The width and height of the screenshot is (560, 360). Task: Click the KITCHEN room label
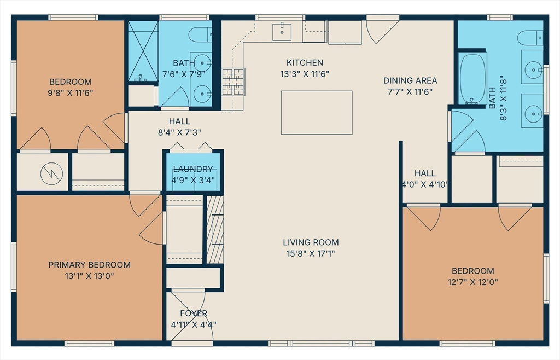point(305,62)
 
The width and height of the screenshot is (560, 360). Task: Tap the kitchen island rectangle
point(317,113)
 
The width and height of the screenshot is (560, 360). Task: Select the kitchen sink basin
point(282,32)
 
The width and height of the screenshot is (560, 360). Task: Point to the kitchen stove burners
point(234,82)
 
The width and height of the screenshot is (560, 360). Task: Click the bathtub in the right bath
point(472,79)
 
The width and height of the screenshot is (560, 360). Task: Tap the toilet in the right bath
point(530,38)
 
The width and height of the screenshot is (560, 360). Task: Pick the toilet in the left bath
point(200,34)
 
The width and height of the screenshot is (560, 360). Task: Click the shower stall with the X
point(143,51)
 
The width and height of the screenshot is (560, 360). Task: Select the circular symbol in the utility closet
point(52,174)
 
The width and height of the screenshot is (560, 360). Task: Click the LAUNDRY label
point(193,169)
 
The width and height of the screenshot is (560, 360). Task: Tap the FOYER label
point(194,313)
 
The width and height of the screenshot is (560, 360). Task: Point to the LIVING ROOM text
point(311,242)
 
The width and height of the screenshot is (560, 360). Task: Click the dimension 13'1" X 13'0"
point(89,276)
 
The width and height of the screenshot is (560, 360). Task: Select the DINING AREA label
point(410,80)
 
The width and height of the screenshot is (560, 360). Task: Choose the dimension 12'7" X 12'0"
point(473,282)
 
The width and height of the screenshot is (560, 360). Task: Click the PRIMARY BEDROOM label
point(89,265)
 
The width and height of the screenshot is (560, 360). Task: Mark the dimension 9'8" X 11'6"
point(71,93)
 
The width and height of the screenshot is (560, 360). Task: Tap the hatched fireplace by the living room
point(215,229)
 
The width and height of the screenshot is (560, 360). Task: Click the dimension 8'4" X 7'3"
point(179,132)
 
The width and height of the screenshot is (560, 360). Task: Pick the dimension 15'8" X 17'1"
point(311,253)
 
